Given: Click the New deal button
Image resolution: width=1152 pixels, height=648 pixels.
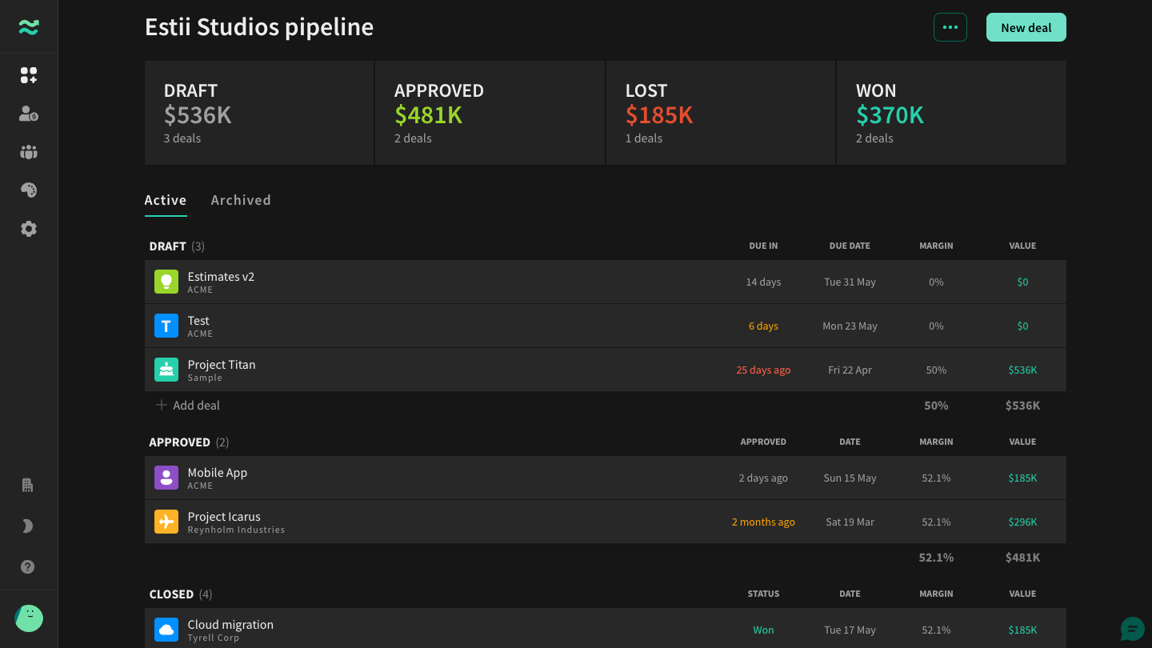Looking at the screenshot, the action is (x=1026, y=27).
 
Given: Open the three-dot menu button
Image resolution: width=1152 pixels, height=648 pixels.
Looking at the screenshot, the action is (x=950, y=27).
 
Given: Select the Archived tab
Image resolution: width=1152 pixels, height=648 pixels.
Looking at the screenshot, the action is (x=241, y=199).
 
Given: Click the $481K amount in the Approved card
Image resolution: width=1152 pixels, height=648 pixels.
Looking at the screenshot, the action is (x=429, y=114).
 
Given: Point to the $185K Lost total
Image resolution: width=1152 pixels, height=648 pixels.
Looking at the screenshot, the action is (x=659, y=114).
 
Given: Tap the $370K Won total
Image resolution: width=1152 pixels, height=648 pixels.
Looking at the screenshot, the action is (x=890, y=114).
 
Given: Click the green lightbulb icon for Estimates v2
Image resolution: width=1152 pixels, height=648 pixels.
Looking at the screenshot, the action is (x=166, y=282).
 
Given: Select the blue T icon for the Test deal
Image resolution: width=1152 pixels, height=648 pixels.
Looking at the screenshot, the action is (x=166, y=326).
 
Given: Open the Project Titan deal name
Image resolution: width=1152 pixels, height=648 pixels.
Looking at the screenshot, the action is (x=221, y=364).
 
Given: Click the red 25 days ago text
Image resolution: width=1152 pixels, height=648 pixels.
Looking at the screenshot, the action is (x=763, y=370).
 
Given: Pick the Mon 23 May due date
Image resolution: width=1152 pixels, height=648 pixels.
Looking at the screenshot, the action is (x=850, y=326).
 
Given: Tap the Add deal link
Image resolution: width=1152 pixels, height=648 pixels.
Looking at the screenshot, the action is (x=188, y=406).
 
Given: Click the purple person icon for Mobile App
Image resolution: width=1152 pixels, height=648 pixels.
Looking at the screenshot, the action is (x=166, y=478).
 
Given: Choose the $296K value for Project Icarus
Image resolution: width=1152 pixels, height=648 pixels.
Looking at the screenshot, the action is (x=1022, y=522).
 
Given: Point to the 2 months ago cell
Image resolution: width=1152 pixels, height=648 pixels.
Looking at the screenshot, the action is (x=763, y=522).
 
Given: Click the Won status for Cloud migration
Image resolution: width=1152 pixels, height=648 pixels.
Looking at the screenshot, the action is (x=763, y=630).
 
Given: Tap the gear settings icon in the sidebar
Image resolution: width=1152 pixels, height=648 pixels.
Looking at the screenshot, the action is (x=29, y=229).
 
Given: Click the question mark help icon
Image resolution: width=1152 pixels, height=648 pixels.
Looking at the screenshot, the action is (x=28, y=566).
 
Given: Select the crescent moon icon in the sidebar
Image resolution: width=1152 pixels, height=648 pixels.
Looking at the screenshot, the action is (x=28, y=526).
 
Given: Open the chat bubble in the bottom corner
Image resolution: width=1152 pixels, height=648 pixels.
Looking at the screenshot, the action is (x=1133, y=629).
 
